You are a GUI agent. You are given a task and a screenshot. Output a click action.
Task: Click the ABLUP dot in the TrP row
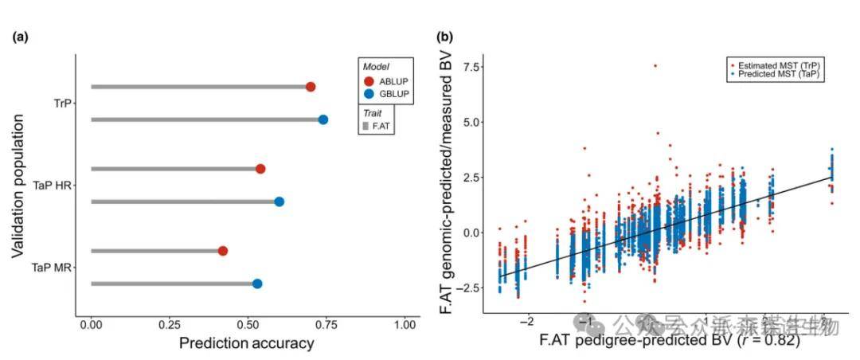point(311,87)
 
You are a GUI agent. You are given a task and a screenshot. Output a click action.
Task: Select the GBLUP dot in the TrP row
point(323,119)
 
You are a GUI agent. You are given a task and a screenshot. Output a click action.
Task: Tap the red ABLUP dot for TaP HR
point(260,169)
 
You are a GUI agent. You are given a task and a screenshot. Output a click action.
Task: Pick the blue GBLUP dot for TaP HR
point(279,202)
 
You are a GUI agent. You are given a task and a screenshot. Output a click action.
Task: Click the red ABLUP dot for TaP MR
point(223,251)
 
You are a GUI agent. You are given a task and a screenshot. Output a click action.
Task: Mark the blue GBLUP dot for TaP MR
point(257,284)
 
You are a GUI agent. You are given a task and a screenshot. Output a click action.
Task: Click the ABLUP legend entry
point(389,81)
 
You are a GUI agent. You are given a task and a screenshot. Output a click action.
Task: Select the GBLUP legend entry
point(389,95)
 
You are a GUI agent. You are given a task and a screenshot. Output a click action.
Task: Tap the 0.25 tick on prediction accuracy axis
point(170,325)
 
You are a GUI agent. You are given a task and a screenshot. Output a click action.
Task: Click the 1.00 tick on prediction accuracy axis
point(405,325)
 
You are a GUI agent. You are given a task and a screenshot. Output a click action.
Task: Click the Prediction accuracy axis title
point(246,344)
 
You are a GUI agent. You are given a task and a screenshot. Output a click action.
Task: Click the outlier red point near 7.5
point(655,65)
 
